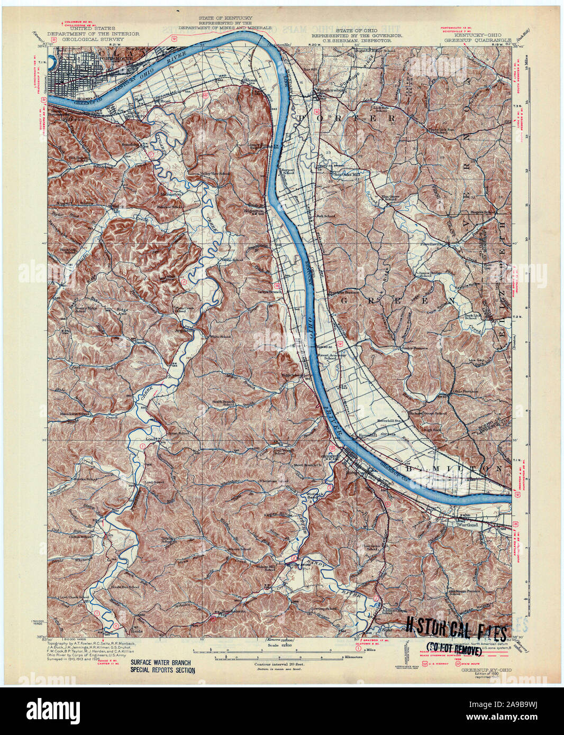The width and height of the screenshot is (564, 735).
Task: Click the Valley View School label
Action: [x=214, y=173]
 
